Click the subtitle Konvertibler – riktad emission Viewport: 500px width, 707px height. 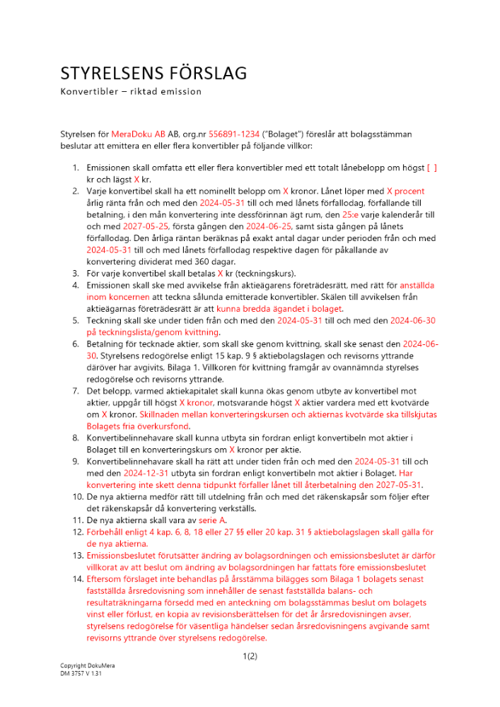[x=131, y=91]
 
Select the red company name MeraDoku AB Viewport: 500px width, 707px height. [x=138, y=133]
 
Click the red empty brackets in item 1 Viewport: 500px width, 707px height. [x=431, y=168]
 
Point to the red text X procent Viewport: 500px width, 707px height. [x=405, y=191]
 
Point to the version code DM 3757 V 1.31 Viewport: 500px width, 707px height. [x=81, y=674]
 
